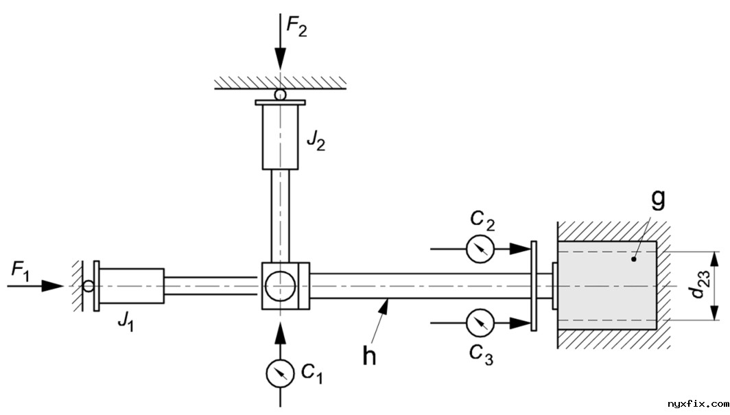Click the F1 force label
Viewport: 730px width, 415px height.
(20, 271)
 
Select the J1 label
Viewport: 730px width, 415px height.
(124, 320)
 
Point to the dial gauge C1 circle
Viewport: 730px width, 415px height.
(280, 372)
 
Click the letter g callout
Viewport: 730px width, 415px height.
(658, 199)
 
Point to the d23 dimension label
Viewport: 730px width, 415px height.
(698, 287)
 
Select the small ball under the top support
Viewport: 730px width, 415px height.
(280, 95)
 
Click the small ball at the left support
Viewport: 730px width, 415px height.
(88, 285)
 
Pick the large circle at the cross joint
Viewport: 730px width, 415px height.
(280, 285)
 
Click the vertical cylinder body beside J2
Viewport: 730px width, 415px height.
(280, 136)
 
